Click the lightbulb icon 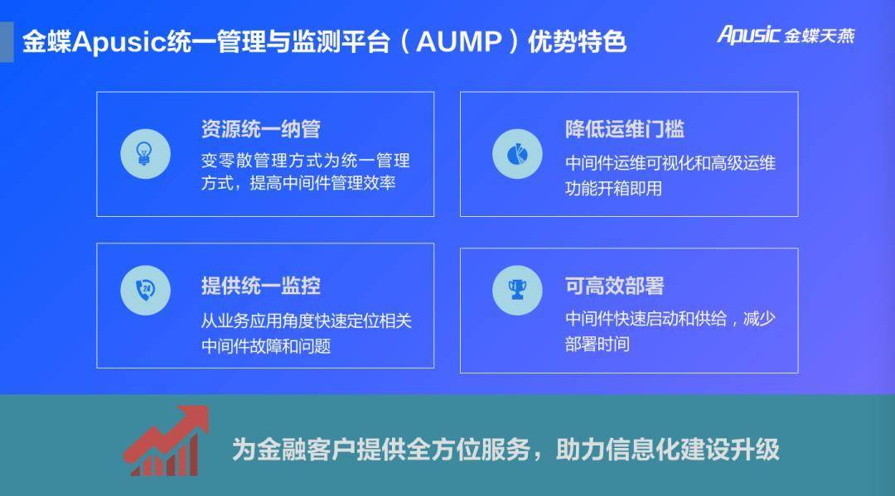(x=145, y=153)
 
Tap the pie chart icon (x=517, y=153)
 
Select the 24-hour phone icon (x=145, y=290)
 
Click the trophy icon (x=517, y=290)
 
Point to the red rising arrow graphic (x=166, y=441)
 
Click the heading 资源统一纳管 (x=260, y=129)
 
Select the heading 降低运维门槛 (x=625, y=129)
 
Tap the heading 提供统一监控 (x=260, y=286)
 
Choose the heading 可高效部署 (x=615, y=286)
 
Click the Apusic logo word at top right (x=748, y=34)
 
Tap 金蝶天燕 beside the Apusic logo (x=820, y=36)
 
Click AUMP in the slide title (x=459, y=41)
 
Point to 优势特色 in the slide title (x=577, y=41)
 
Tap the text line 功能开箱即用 (x=613, y=188)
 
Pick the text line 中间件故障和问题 (x=266, y=345)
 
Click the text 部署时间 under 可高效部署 (x=597, y=344)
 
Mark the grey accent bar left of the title (x=7, y=41)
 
